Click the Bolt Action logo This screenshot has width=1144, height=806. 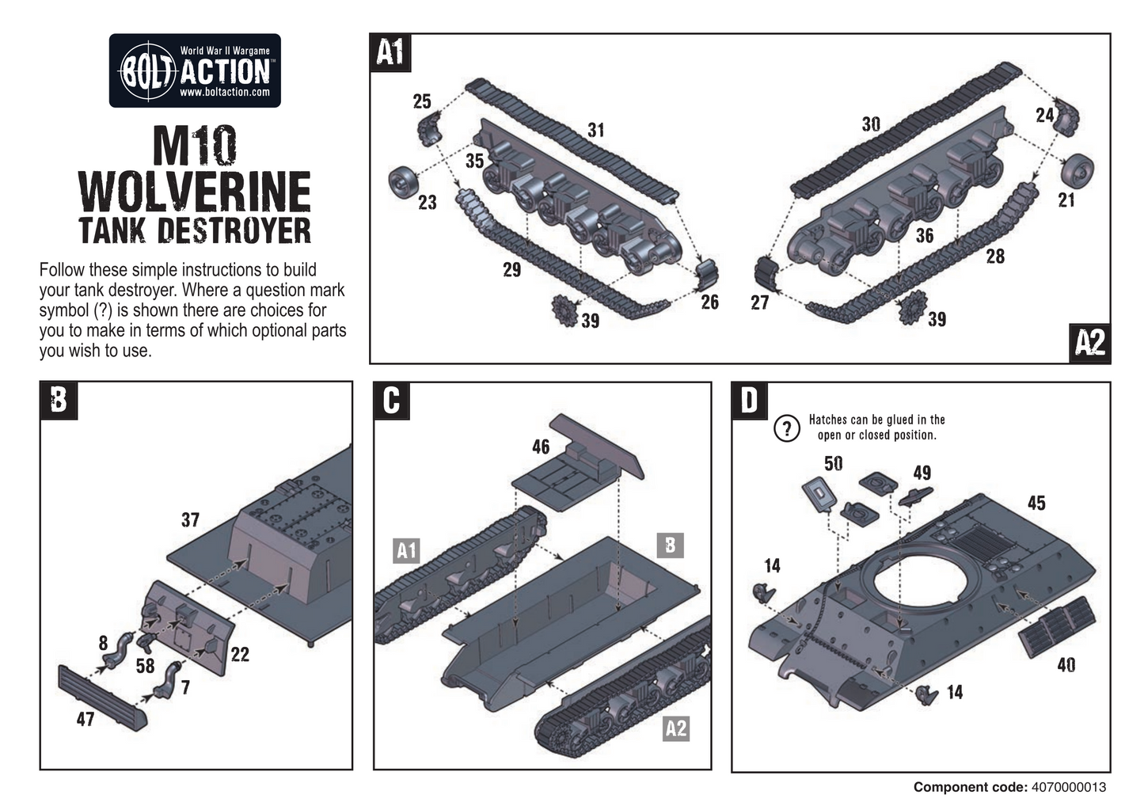coord(195,70)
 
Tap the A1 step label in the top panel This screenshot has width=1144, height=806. coord(390,52)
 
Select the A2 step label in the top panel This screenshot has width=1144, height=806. coord(1090,343)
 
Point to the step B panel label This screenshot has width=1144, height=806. coord(59,400)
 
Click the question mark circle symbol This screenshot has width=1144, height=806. coord(786,428)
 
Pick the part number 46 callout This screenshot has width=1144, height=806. coord(541,447)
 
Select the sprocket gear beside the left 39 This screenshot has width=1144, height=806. coord(563,310)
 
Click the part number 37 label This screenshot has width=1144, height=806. coord(190,520)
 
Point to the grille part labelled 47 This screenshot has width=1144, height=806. coord(103,698)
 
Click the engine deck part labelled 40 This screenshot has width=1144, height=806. coord(1057,626)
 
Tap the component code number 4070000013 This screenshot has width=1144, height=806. coord(1069,787)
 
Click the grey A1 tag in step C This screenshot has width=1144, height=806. coord(406,550)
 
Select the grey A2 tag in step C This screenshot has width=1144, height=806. coord(675,728)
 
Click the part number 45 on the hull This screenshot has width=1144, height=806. coord(1036,503)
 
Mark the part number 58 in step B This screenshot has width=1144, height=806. coord(145,666)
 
